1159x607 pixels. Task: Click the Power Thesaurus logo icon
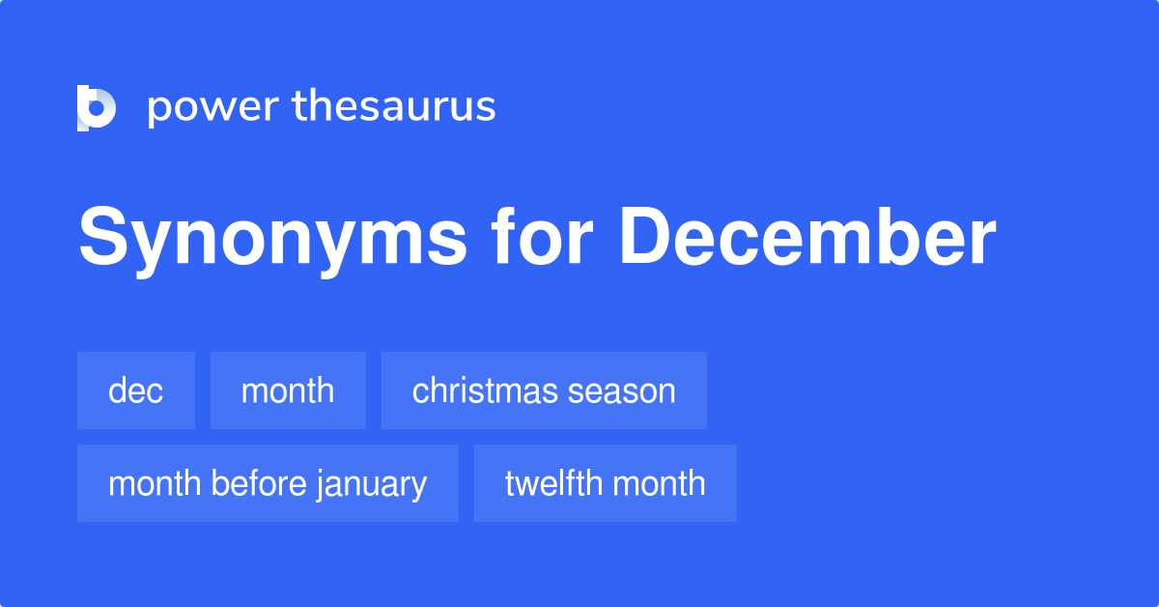tap(97, 107)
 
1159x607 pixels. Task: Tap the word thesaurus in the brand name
tap(394, 105)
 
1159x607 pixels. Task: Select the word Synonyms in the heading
tap(272, 240)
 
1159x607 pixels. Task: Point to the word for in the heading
tap(542, 236)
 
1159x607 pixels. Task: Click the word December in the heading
tap(807, 236)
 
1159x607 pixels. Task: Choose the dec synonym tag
tap(136, 390)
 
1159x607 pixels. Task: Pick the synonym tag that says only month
tap(288, 390)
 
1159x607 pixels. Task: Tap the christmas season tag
tap(544, 390)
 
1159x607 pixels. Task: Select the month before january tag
tap(269, 483)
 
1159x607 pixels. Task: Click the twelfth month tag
tap(606, 483)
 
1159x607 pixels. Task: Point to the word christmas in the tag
tap(485, 390)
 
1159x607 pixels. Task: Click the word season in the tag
tap(621, 393)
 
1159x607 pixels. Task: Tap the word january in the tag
tap(372, 486)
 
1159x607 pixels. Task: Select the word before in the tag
tap(259, 483)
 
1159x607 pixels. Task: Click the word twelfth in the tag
tap(553, 483)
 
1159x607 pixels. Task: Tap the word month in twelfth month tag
tap(659, 483)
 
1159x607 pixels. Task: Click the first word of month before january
tap(155, 483)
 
